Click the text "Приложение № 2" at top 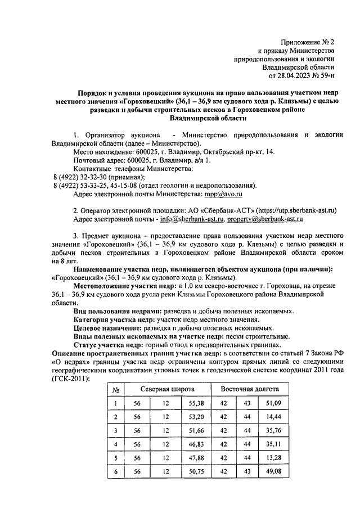point(308,42)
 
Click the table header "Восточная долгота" point(249,389)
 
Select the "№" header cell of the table point(115,389)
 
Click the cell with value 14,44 point(274,417)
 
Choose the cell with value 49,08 point(274,471)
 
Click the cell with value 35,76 point(274,430)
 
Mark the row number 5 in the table point(115,457)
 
